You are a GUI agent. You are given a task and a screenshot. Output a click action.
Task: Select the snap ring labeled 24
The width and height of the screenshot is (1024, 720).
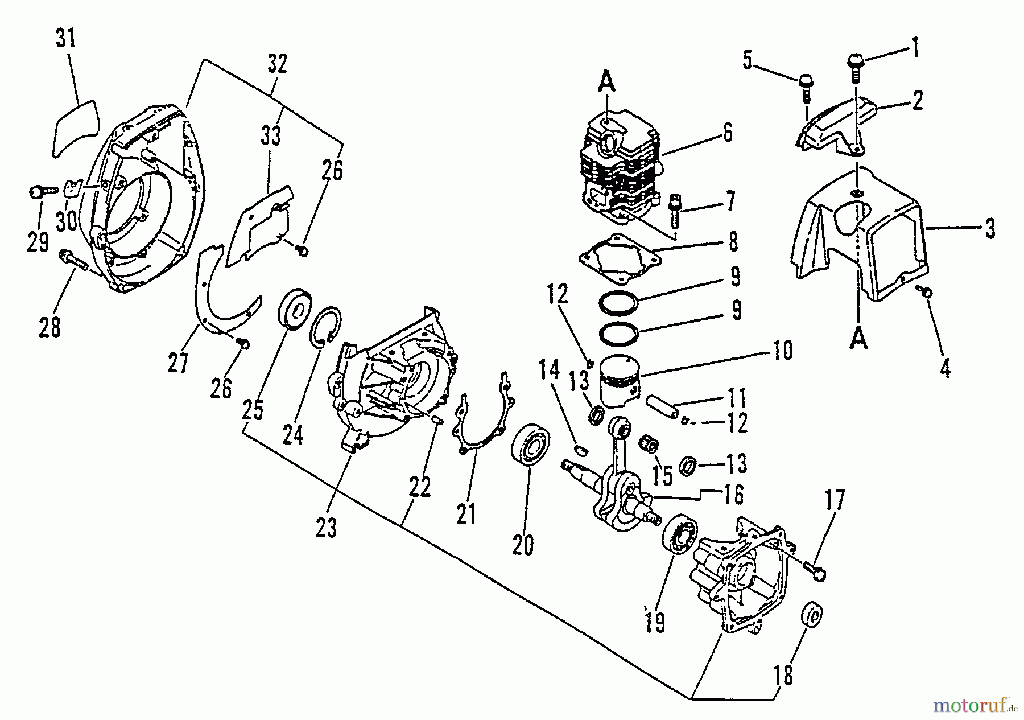(x=328, y=327)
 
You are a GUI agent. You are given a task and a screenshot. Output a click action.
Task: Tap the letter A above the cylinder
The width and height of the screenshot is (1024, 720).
(x=607, y=84)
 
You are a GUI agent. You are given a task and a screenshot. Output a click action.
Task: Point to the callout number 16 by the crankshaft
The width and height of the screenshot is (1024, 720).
(x=734, y=495)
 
